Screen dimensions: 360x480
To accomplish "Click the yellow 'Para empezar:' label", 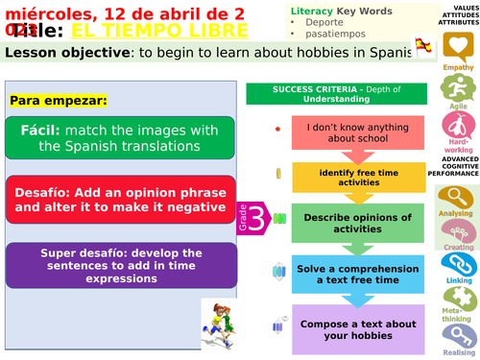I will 58,100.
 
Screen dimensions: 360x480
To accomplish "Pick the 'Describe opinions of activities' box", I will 356,223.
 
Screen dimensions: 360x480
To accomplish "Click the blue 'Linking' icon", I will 456,264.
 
